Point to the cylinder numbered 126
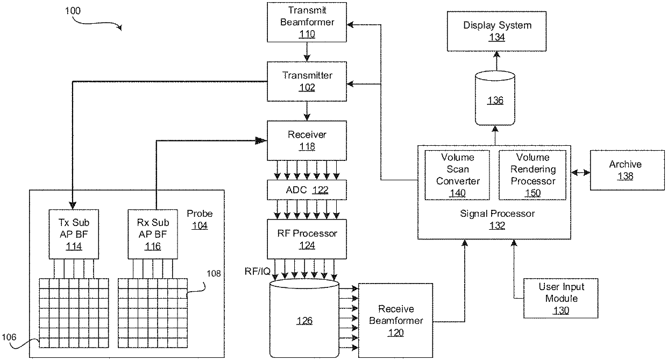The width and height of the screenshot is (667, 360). pyautogui.click(x=304, y=321)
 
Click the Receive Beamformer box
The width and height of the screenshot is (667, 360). pyautogui.click(x=396, y=320)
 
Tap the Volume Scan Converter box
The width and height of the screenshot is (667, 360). pyautogui.click(x=458, y=175)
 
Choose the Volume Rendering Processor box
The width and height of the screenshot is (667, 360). pyautogui.click(x=533, y=175)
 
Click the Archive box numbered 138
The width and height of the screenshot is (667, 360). pyautogui.click(x=625, y=170)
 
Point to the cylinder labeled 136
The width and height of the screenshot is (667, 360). pyautogui.click(x=495, y=100)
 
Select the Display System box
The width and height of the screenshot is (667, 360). pyautogui.click(x=497, y=31)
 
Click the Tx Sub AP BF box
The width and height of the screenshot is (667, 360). pyautogui.click(x=73, y=234)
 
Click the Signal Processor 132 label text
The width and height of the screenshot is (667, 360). pyautogui.click(x=497, y=220)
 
